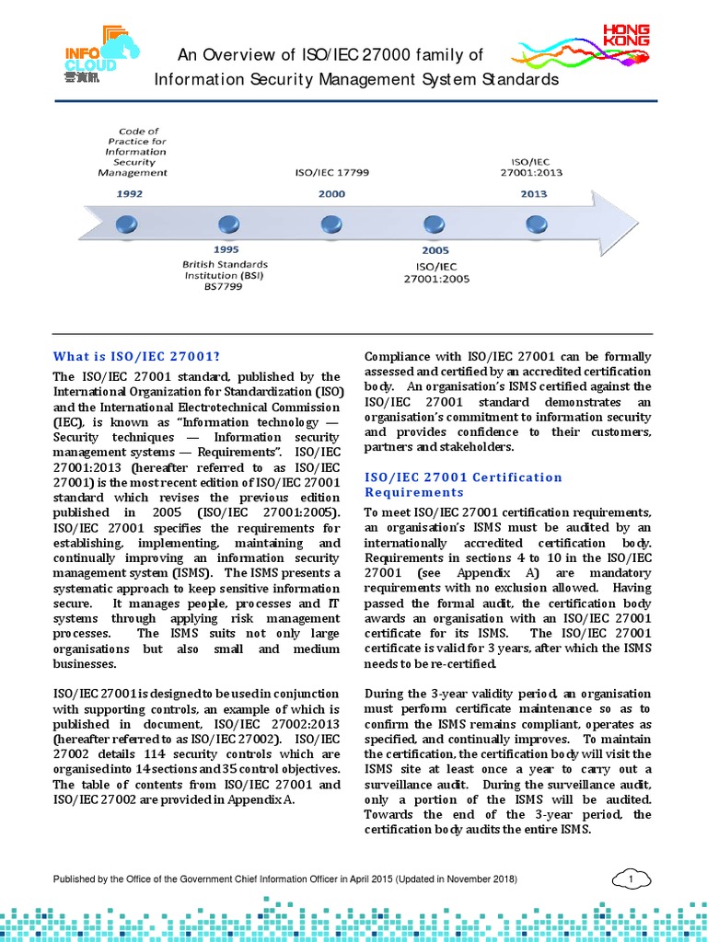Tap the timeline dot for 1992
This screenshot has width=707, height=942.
click(x=127, y=223)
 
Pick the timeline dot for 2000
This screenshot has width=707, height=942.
click(x=331, y=224)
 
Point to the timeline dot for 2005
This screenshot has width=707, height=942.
click(x=434, y=224)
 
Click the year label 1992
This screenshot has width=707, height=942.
click(x=129, y=194)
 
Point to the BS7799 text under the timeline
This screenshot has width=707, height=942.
click(x=226, y=286)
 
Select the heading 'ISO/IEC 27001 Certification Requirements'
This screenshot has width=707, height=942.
click(x=463, y=484)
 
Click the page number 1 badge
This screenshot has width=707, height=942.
click(x=632, y=880)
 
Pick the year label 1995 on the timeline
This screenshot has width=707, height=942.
click(x=226, y=249)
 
